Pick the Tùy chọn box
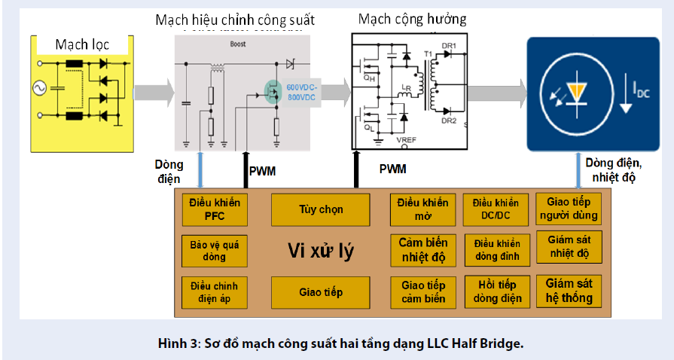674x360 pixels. click(x=320, y=209)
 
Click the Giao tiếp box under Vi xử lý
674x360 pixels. click(x=320, y=292)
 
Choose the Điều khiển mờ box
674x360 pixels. click(x=422, y=209)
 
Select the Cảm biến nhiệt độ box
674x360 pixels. click(x=422, y=251)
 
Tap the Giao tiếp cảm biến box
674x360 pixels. click(x=422, y=292)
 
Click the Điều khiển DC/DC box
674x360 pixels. click(x=495, y=209)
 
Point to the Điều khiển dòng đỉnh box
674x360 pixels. click(x=495, y=251)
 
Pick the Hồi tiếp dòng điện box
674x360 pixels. click(x=495, y=292)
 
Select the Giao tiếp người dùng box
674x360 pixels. click(x=569, y=208)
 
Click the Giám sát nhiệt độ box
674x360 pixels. click(x=569, y=247)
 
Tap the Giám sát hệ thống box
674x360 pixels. click(x=569, y=291)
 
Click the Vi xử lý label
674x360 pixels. click(x=322, y=252)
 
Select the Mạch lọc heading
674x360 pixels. click(x=82, y=44)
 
